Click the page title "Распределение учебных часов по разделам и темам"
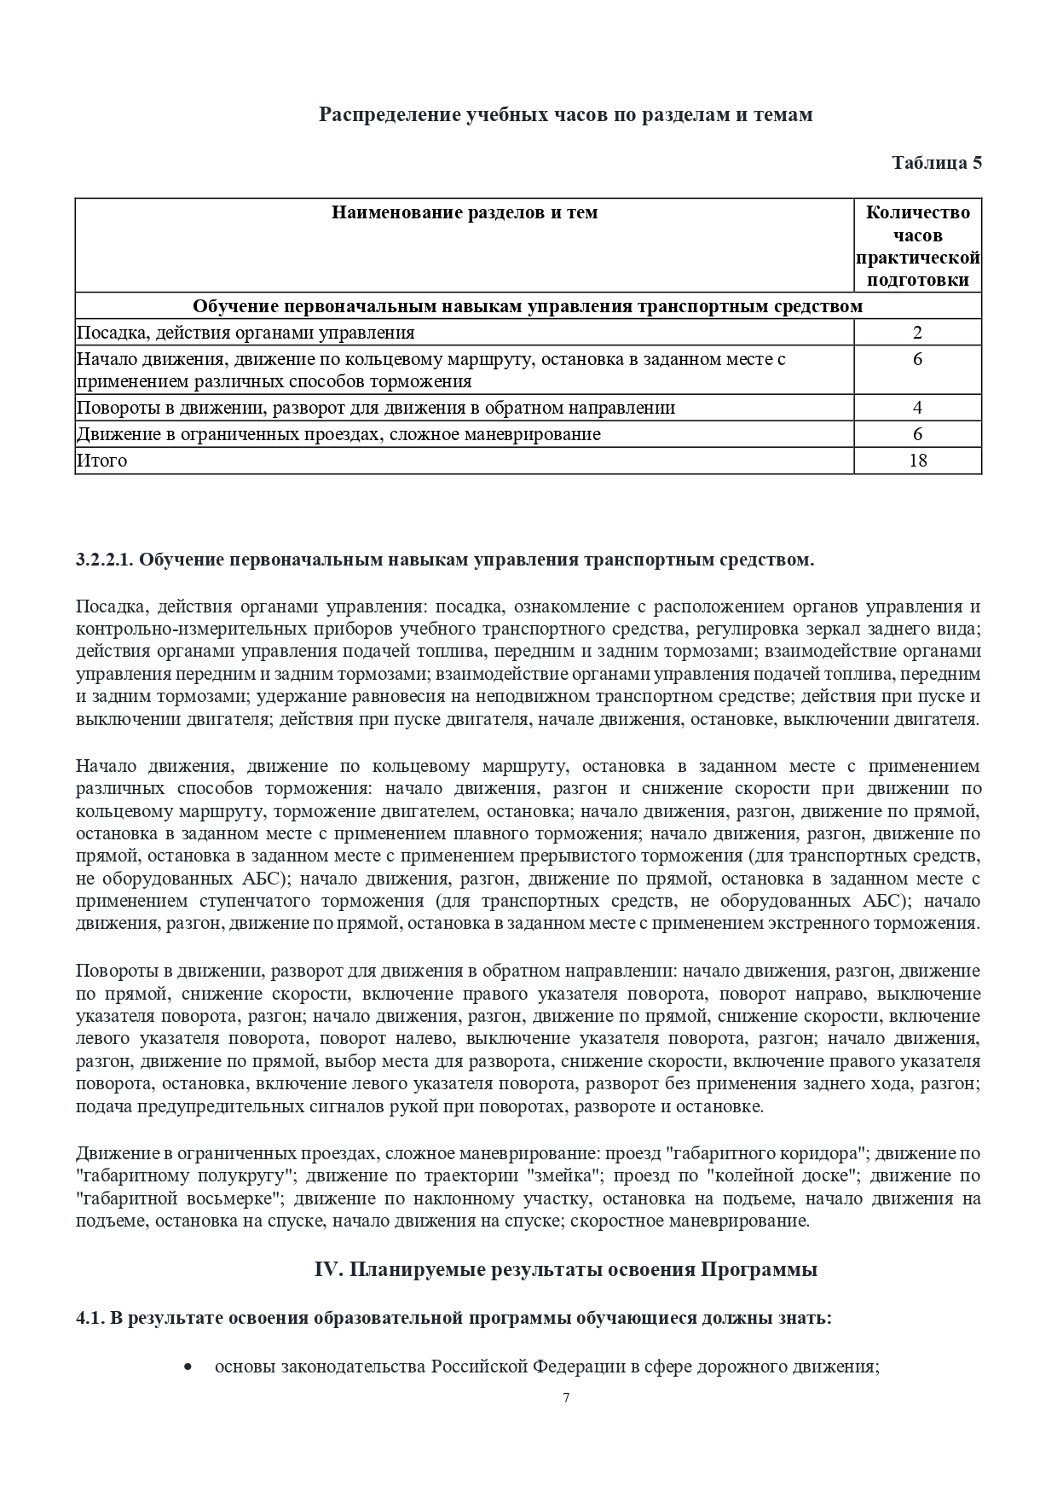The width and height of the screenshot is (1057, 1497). pos(565,114)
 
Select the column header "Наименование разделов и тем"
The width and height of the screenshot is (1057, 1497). pos(465,212)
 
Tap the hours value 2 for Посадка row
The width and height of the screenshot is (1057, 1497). pos(917,333)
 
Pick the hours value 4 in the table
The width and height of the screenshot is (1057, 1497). pos(917,408)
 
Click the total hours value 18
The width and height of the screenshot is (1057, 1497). pos(917,461)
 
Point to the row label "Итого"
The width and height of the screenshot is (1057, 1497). pos(101,461)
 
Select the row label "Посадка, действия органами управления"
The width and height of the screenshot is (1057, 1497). pos(245,333)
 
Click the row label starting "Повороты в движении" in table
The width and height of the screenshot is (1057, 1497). pos(375,408)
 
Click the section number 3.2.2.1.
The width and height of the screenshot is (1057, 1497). pos(105,560)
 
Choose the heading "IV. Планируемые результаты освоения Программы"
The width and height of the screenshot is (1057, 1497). pos(566,1269)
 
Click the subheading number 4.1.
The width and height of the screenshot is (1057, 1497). pos(89,1318)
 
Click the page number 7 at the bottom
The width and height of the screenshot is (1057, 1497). pos(566,1398)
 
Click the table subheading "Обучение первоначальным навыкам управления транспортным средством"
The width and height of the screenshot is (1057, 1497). pos(528,306)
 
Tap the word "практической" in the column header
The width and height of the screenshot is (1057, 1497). pos(917,258)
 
